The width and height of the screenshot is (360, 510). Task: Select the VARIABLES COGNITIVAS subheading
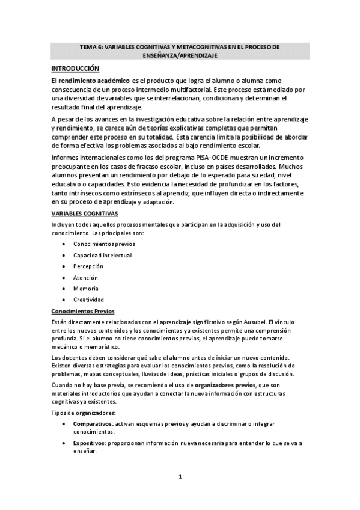(x=84, y=214)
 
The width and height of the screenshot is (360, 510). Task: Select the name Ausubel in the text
(x=251, y=322)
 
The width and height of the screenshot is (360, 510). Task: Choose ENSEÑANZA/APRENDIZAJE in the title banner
(x=180, y=55)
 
